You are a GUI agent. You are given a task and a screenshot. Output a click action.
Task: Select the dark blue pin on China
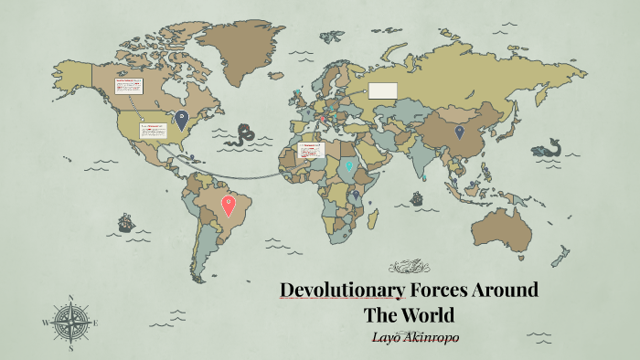[460, 132]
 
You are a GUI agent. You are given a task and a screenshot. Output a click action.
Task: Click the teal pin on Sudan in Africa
[348, 166]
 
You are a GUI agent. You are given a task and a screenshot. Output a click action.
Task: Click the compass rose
[69, 322]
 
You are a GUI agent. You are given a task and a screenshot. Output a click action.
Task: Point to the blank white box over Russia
[382, 90]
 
